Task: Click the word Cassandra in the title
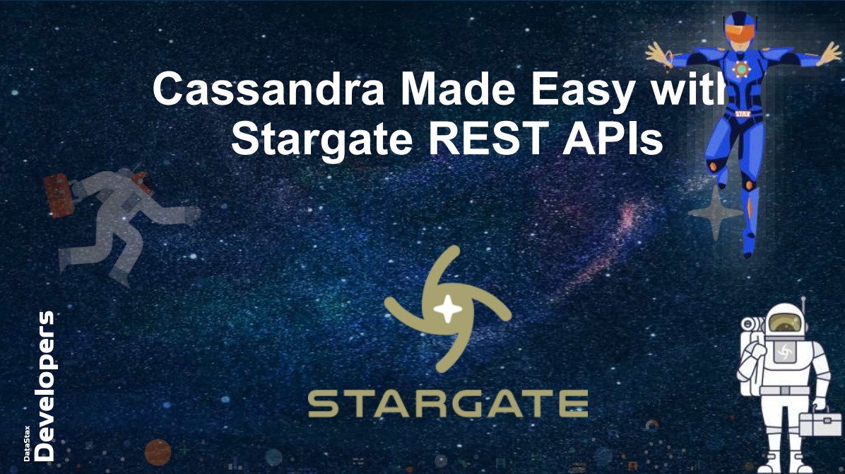tap(268, 88)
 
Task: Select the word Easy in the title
tap(583, 92)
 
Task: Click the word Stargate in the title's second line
tap(321, 139)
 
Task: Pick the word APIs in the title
tap(613, 138)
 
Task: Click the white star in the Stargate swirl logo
tap(448, 310)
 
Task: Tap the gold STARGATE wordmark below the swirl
tap(448, 405)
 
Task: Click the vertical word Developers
tap(45, 386)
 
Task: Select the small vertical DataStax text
tap(27, 444)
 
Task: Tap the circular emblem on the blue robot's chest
tap(741, 69)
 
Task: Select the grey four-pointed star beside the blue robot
tap(715, 213)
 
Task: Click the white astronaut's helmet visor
tap(784, 323)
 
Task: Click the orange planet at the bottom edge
tap(158, 452)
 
